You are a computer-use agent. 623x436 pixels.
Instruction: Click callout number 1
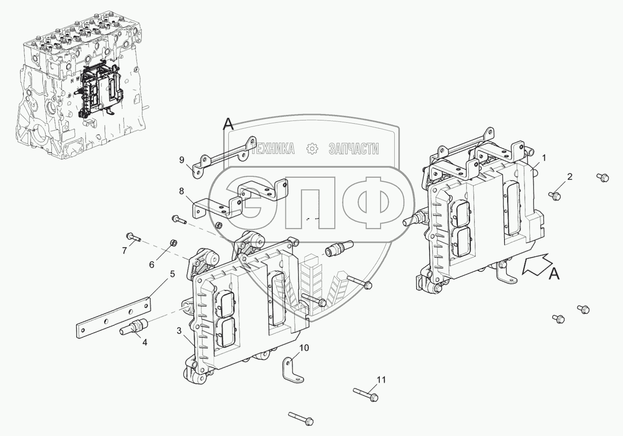(x=544, y=158)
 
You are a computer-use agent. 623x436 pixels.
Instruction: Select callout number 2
(x=569, y=176)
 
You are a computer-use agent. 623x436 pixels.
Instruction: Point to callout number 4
(x=145, y=342)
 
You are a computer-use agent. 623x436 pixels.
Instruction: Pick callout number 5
(x=172, y=274)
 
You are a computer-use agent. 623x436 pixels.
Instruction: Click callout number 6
(x=151, y=264)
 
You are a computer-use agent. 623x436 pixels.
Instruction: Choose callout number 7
(x=124, y=251)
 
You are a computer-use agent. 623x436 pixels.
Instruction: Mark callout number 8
(x=182, y=191)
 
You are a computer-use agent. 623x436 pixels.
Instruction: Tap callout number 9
(x=182, y=160)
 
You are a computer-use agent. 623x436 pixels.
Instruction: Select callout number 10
(x=304, y=348)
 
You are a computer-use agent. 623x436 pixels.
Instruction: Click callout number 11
(x=381, y=380)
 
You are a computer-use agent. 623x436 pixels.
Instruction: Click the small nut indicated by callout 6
(x=173, y=242)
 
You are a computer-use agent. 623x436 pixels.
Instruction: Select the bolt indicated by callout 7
(x=131, y=237)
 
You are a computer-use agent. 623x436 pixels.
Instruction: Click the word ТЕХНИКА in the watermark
(x=273, y=148)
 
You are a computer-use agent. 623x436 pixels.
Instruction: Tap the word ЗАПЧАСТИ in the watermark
(x=354, y=148)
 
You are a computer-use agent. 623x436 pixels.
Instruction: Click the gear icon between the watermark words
(x=311, y=148)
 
